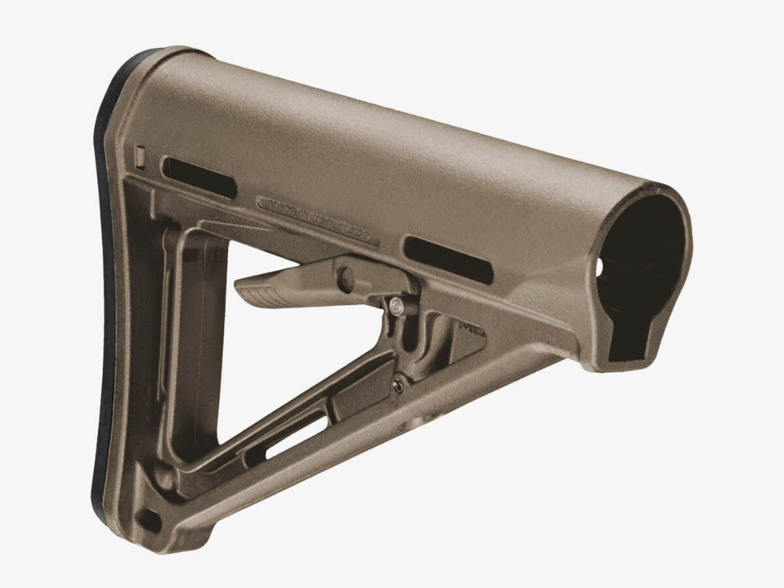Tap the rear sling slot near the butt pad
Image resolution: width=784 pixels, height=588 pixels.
pos(198,177)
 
